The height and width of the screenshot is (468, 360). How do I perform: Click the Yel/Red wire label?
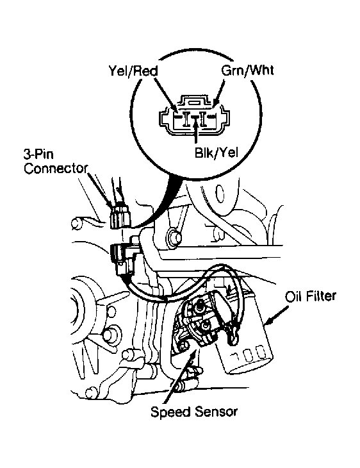(x=133, y=71)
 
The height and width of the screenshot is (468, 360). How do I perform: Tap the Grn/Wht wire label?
(x=247, y=70)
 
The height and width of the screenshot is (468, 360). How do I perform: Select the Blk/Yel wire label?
(x=217, y=153)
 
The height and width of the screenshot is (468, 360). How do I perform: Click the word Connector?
(x=56, y=169)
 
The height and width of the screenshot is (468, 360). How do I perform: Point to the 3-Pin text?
(x=38, y=155)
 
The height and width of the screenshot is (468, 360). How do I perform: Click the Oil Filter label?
(x=311, y=296)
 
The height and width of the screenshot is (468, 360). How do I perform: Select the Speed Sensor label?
(x=194, y=412)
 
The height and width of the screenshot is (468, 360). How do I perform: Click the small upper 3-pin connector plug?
(x=120, y=215)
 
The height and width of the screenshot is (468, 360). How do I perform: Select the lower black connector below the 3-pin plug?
(x=124, y=259)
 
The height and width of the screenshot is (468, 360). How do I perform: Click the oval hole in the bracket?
(x=220, y=194)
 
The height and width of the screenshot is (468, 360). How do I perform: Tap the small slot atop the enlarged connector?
(x=195, y=103)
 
